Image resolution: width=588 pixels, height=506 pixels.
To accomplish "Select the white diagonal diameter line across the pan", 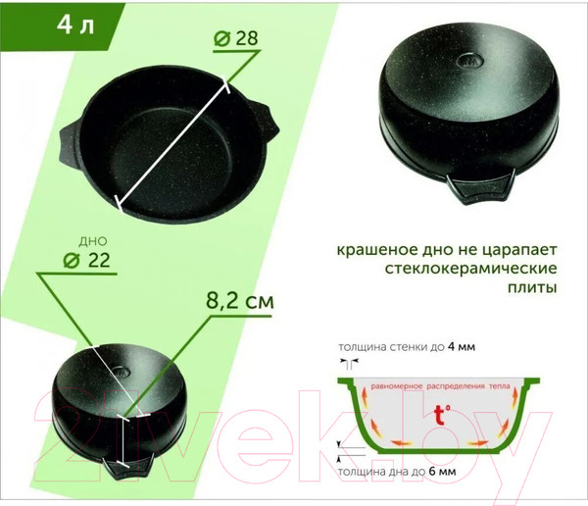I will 176,137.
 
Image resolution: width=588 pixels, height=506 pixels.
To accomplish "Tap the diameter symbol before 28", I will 222,38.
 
